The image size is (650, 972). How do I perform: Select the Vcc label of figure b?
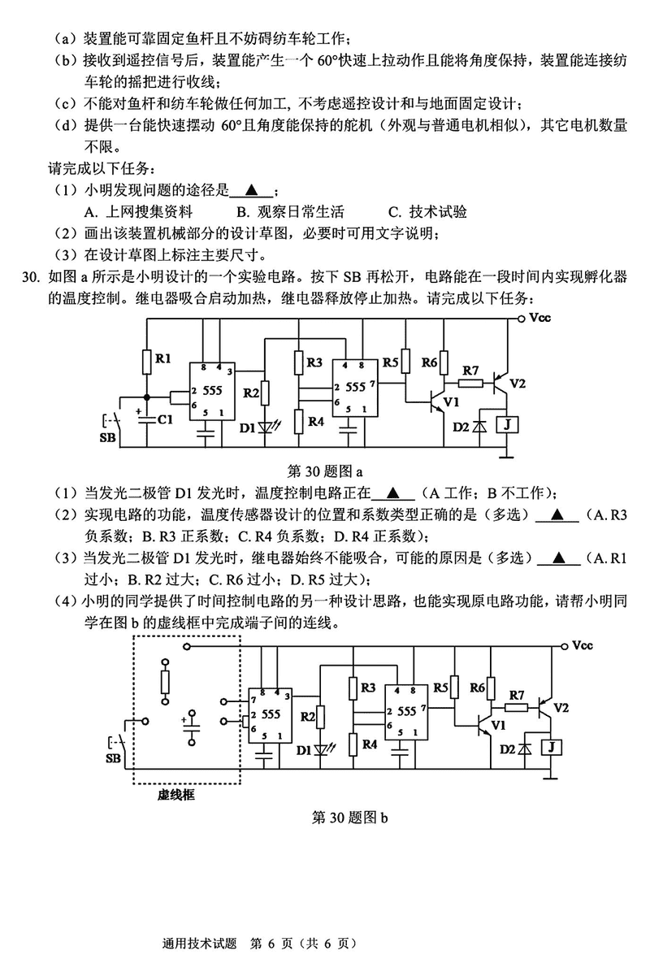point(583,646)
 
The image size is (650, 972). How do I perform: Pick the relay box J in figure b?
point(553,747)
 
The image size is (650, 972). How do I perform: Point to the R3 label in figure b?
point(367,688)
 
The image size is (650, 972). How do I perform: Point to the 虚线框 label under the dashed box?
point(176,796)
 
